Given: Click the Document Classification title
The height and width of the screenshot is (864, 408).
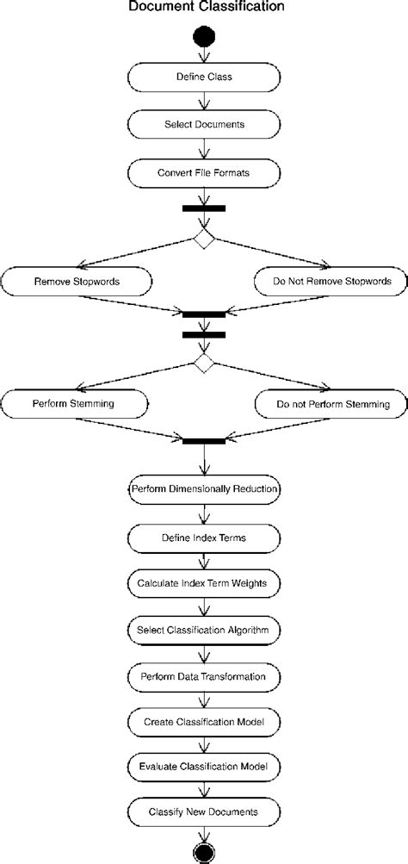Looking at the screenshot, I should click(x=204, y=8).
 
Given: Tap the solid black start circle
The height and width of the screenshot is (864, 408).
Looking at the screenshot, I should click(x=204, y=38).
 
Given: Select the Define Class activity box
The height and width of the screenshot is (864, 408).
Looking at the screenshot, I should click(x=204, y=77).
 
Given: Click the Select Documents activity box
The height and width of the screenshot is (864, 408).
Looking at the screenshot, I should click(x=204, y=124).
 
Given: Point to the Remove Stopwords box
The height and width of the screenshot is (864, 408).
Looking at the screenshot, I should click(x=77, y=281).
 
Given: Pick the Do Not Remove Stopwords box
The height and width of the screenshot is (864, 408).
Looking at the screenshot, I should click(x=331, y=281).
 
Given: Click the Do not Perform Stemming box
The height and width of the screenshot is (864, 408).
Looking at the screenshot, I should click(x=331, y=403).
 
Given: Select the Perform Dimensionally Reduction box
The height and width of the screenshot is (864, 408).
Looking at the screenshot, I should click(x=204, y=489).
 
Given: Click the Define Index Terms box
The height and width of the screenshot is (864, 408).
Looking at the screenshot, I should click(x=204, y=538).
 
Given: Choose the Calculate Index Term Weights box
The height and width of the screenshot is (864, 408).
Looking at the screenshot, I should click(x=204, y=583).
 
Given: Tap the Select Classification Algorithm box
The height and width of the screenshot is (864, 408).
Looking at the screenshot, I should click(x=204, y=630).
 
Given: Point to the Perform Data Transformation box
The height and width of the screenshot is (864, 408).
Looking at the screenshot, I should click(x=204, y=676).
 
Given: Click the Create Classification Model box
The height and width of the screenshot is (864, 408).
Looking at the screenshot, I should click(x=204, y=720).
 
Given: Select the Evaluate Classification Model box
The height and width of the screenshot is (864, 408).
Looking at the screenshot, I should click(x=204, y=766).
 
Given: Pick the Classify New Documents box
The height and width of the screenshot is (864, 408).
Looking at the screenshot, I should click(x=204, y=811).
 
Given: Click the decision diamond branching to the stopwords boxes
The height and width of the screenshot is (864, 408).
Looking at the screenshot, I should click(x=204, y=239).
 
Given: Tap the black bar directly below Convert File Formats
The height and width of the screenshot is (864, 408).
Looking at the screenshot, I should click(x=204, y=208).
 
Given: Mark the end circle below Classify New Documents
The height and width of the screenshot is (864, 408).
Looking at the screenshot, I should click(x=204, y=853).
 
